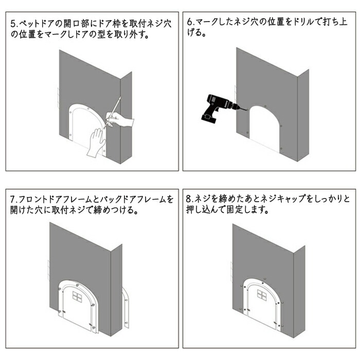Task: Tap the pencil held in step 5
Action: coord(113,112)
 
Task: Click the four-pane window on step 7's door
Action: coord(78,296)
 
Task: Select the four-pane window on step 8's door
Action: coord(262,295)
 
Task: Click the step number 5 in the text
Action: coord(13,24)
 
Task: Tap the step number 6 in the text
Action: coord(190,22)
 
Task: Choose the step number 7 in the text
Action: coord(13,200)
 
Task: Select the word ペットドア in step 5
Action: coord(37,24)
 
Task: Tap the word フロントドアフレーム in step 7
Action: coord(55,200)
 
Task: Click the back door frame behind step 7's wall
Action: coord(126,307)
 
